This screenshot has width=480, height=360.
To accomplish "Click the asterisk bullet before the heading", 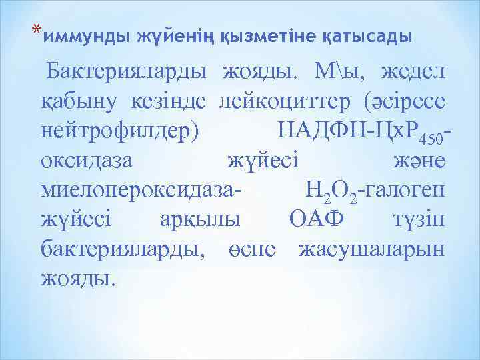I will pos(37,30).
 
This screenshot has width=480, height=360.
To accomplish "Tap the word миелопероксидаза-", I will pos(141,192).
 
